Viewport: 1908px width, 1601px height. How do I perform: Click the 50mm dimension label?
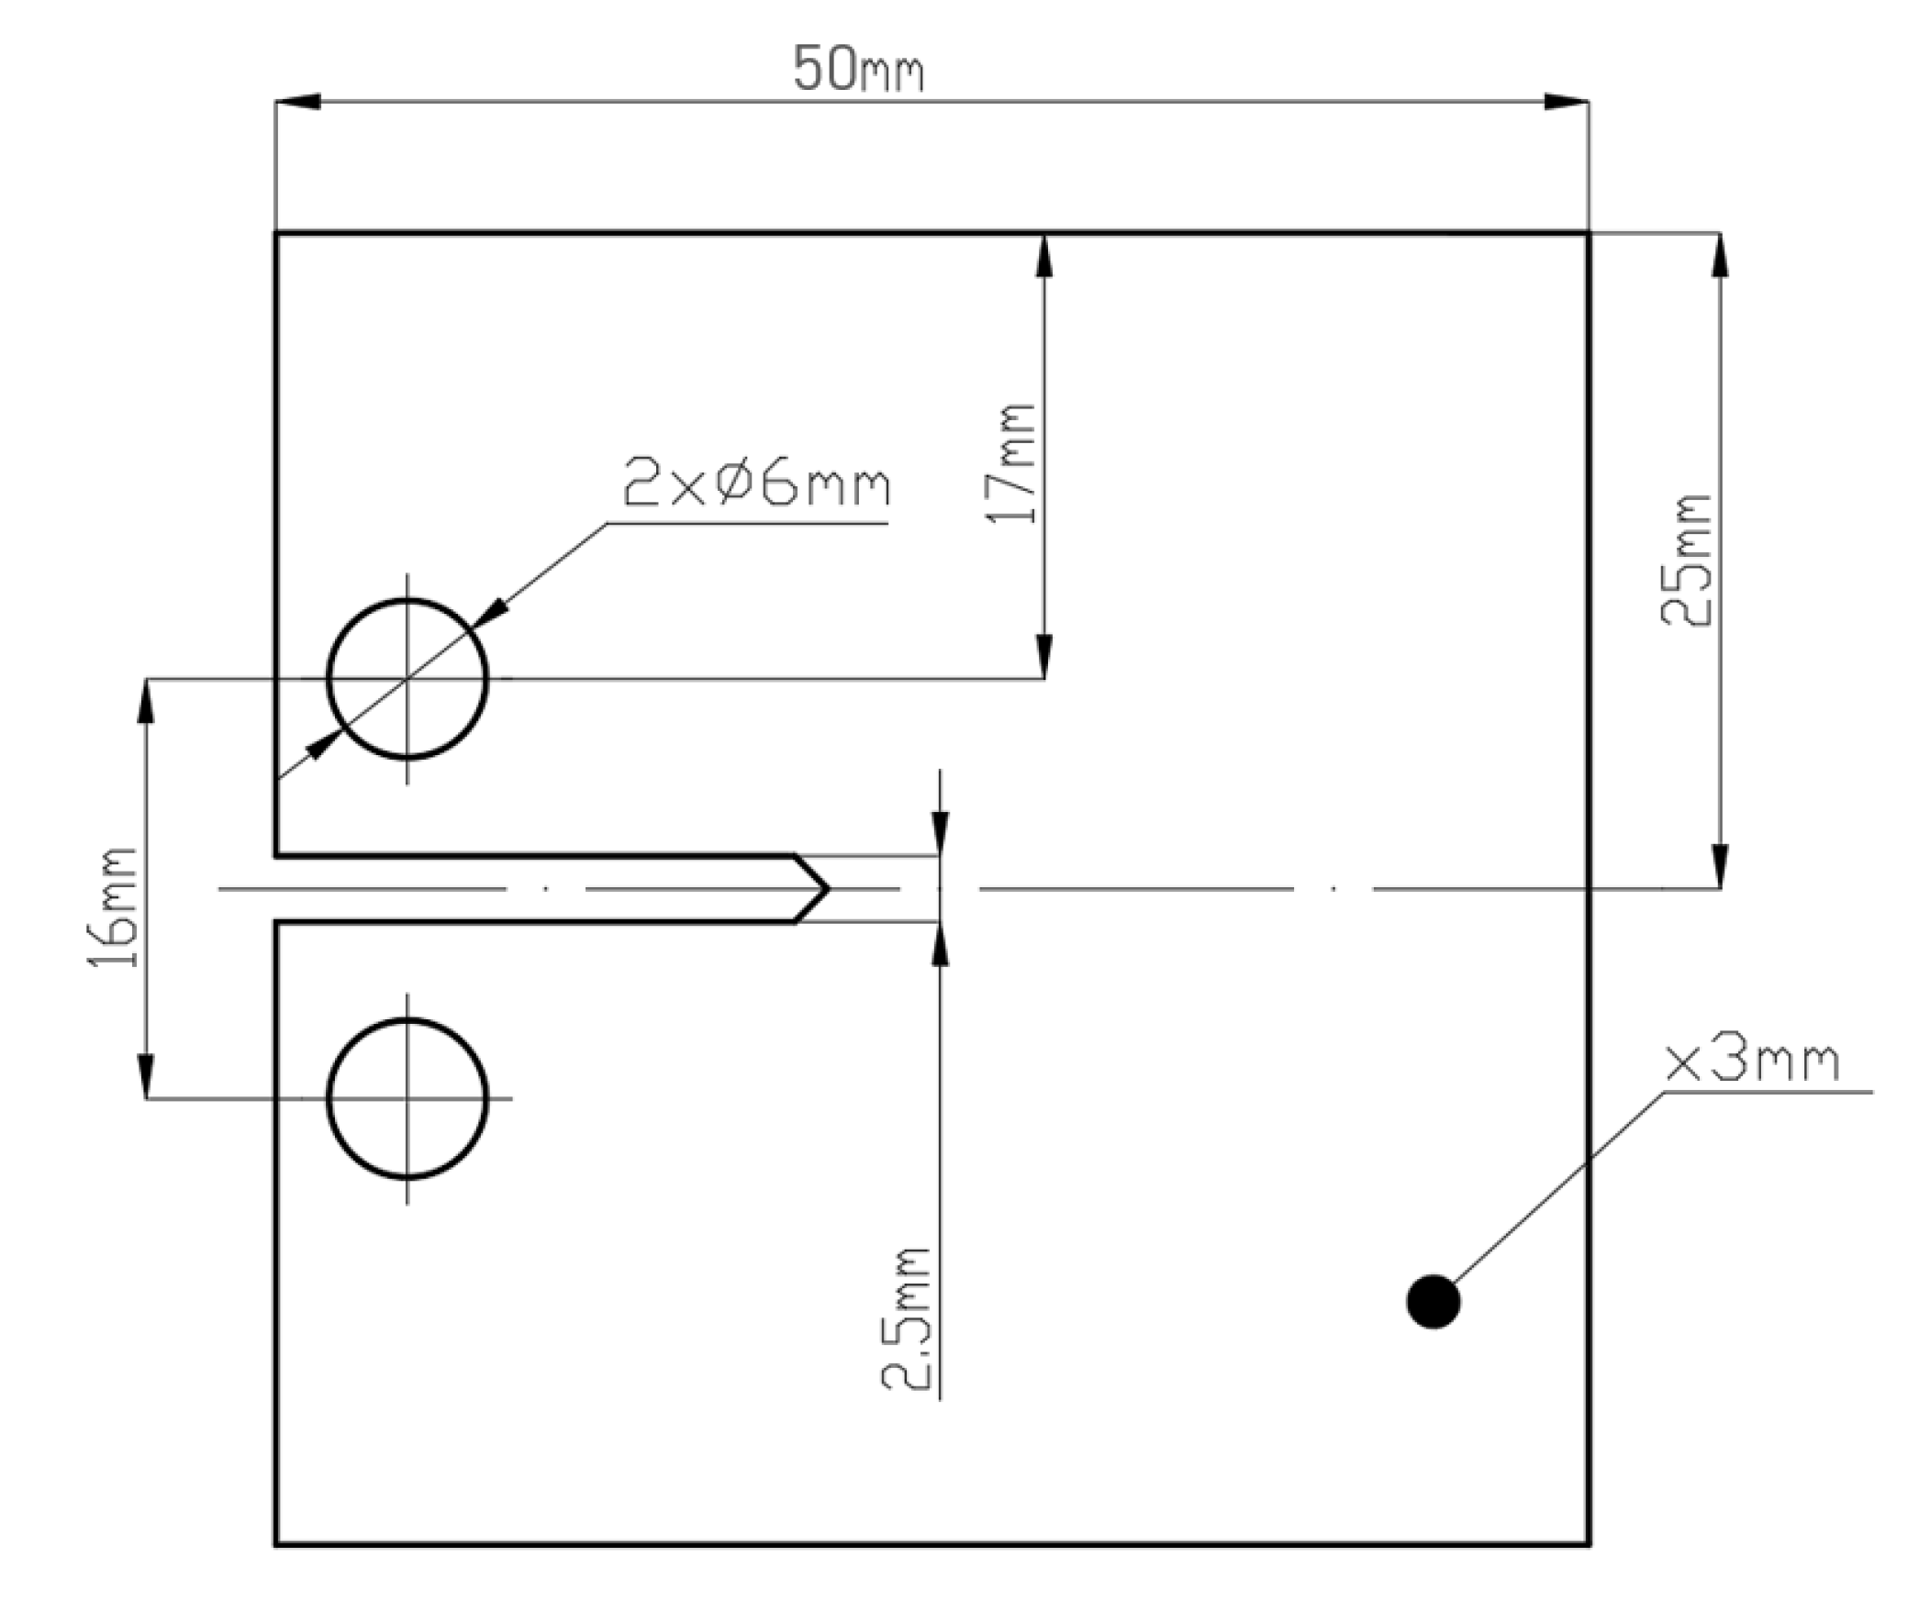(857, 70)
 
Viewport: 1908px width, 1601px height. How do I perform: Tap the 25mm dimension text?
(1687, 561)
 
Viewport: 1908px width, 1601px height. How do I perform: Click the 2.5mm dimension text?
(907, 1318)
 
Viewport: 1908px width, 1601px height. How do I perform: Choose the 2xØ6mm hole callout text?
(756, 485)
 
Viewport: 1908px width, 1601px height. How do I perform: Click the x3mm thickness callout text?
(1751, 1062)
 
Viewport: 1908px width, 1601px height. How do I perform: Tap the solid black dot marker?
(1433, 1301)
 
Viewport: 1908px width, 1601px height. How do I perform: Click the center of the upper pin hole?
(407, 679)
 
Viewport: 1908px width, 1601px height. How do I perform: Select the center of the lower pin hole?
(407, 1097)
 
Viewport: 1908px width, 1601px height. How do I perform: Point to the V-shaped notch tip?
(828, 888)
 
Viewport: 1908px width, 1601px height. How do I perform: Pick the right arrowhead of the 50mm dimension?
(1567, 101)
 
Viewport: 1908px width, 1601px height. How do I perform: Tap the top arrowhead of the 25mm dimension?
(1720, 254)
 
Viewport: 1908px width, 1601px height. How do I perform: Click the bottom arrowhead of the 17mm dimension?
(1043, 657)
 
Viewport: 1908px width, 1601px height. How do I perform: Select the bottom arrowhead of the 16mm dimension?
(146, 1076)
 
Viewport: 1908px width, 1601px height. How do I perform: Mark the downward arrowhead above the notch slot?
(939, 834)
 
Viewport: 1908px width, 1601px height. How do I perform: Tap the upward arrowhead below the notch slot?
(939, 943)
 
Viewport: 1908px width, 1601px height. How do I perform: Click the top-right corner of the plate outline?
(1588, 234)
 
